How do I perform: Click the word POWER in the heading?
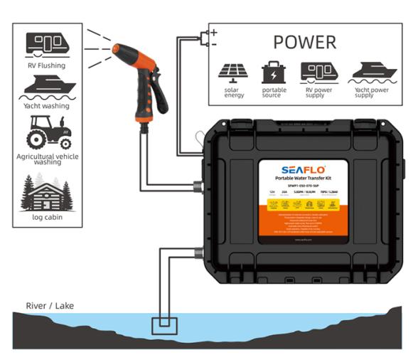pyautogui.click(x=304, y=41)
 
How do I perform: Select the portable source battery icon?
pyautogui.click(x=273, y=72)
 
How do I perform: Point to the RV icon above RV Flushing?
pyautogui.click(x=47, y=43)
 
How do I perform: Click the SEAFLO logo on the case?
pyautogui.click(x=301, y=169)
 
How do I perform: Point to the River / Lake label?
pyautogui.click(x=50, y=306)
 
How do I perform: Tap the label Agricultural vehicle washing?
pyautogui.click(x=47, y=159)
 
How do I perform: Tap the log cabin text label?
pyautogui.click(x=47, y=217)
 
